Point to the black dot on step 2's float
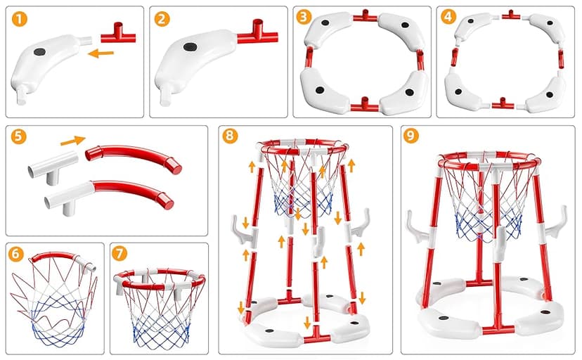click(190, 46)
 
